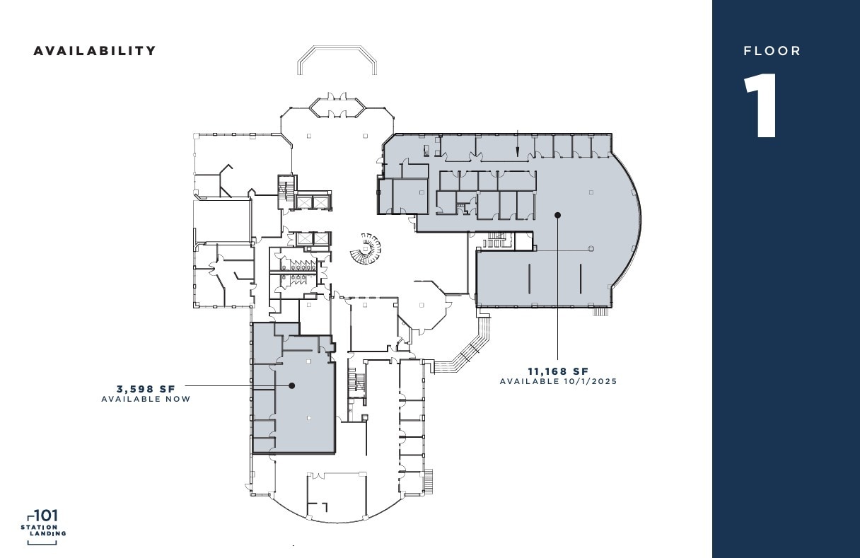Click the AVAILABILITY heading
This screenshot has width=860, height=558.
(95, 51)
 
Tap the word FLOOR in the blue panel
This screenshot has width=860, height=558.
(772, 51)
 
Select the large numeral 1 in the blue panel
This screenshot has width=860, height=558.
(762, 106)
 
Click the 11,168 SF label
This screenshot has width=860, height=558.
(558, 371)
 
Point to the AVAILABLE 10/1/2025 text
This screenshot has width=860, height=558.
(558, 382)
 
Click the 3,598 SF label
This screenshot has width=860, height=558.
(146, 388)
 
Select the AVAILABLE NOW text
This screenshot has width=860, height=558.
(146, 399)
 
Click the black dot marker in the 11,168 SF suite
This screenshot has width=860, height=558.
(557, 214)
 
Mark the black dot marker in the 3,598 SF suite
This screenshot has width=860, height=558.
(291, 385)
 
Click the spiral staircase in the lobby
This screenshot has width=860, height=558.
(365, 248)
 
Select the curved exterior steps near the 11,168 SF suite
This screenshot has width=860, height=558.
(467, 347)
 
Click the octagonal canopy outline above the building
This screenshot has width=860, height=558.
(337, 60)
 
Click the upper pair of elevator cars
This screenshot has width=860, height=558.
(312, 202)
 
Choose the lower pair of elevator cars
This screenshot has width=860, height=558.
(313, 239)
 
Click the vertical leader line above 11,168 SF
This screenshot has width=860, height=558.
(557, 290)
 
